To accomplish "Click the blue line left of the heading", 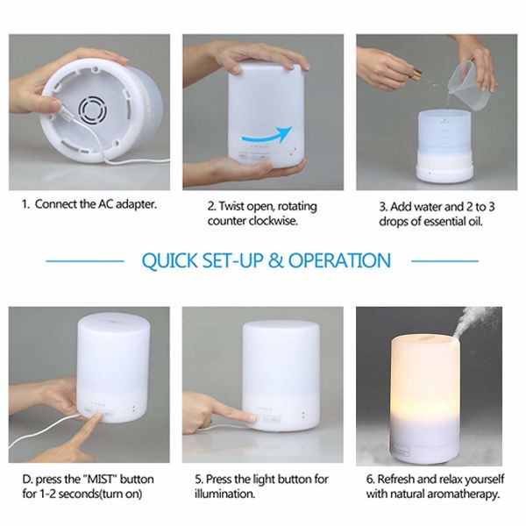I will coord(84,261).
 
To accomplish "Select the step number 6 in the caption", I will coord(370,480).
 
